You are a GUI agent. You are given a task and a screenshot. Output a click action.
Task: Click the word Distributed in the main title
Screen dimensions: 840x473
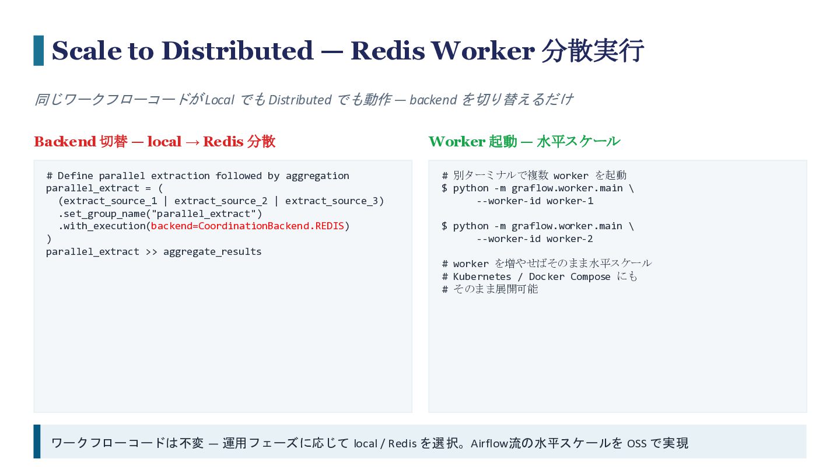click(x=237, y=51)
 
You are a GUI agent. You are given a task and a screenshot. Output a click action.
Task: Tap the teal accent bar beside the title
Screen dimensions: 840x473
click(x=38, y=51)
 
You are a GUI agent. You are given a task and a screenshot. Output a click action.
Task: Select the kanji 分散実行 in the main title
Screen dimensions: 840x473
click(x=593, y=51)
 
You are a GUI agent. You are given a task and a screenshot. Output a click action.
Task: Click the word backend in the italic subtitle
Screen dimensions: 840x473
click(x=433, y=100)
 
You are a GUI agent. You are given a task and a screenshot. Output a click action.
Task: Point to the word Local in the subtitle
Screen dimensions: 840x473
click(x=219, y=100)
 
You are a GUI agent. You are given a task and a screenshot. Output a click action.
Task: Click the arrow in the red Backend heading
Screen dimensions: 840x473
click(x=192, y=142)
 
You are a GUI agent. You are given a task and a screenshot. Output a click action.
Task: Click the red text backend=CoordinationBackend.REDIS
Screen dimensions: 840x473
click(x=247, y=226)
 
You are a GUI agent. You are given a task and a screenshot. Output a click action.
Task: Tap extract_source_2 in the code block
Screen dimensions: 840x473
click(x=221, y=201)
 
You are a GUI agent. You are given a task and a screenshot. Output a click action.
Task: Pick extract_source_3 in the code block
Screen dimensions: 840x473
click(x=331, y=201)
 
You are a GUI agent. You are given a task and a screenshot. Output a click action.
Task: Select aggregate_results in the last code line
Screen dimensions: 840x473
click(x=212, y=251)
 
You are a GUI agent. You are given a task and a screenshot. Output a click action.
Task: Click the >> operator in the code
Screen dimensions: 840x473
click(x=151, y=251)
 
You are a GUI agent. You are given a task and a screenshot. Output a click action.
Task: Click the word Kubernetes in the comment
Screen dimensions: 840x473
click(x=482, y=276)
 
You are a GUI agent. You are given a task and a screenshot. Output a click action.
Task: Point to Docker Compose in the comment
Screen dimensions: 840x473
click(x=569, y=276)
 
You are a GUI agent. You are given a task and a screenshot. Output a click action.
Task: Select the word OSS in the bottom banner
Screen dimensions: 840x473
click(x=637, y=444)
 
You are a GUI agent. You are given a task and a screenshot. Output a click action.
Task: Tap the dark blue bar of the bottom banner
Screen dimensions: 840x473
click(x=37, y=442)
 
